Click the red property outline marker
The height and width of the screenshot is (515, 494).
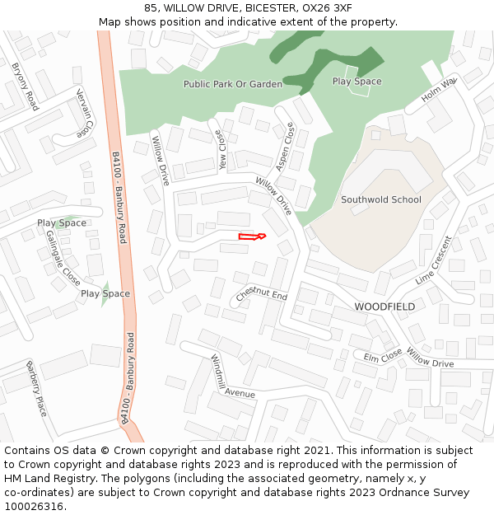(251, 237)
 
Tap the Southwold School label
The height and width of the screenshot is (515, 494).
(380, 200)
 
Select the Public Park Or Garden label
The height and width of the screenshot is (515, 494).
(232, 84)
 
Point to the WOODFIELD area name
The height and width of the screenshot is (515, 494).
(384, 307)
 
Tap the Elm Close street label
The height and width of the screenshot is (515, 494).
(383, 355)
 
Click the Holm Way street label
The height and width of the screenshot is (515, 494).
(439, 91)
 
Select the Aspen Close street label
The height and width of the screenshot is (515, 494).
(285, 144)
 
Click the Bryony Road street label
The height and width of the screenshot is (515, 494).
(25, 87)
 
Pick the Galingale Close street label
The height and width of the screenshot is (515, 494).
(63, 255)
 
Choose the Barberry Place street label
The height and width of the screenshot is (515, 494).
(36, 388)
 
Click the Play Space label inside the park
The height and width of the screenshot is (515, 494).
(357, 82)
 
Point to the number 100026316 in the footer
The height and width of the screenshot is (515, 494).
(33, 506)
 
